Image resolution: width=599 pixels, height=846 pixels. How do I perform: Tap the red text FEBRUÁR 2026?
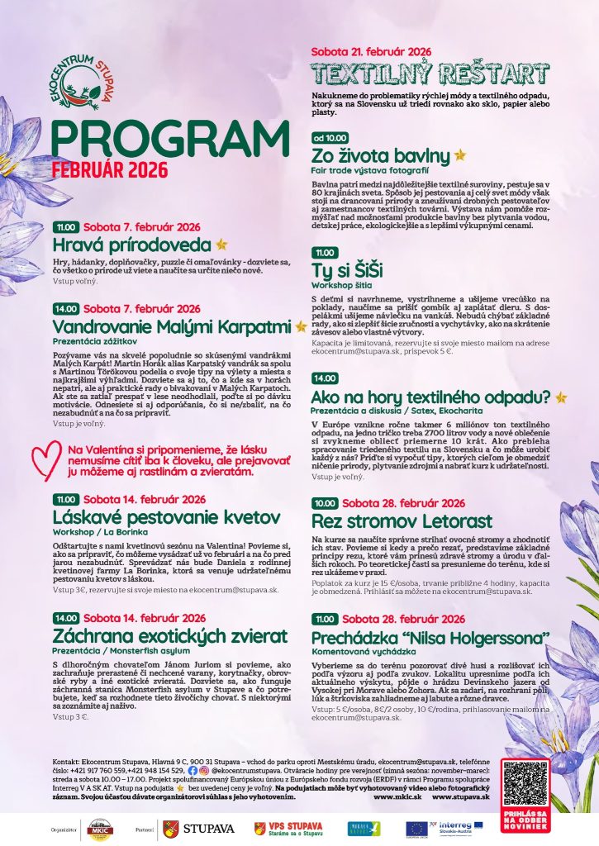pyautogui.click(x=109, y=169)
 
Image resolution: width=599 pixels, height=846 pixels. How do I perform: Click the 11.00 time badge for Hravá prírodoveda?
pyautogui.click(x=66, y=227)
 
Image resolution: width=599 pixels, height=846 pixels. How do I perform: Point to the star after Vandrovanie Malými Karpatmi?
pyautogui.click(x=301, y=326)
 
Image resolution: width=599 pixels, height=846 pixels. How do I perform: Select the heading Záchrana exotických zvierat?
pyautogui.click(x=170, y=635)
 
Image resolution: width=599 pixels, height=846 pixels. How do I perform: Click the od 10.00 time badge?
pyautogui.click(x=330, y=138)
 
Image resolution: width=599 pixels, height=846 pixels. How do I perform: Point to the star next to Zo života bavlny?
pyautogui.click(x=460, y=154)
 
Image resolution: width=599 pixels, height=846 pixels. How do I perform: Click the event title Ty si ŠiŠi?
pyautogui.click(x=347, y=270)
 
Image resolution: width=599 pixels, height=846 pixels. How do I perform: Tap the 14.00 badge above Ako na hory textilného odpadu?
pyautogui.click(x=324, y=378)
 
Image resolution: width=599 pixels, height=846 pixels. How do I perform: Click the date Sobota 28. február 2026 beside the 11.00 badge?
pyautogui.click(x=404, y=619)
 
